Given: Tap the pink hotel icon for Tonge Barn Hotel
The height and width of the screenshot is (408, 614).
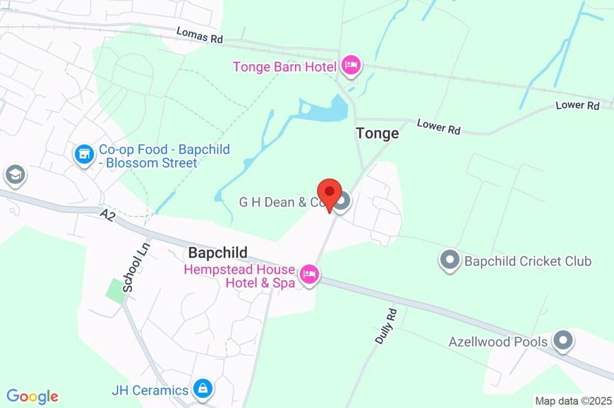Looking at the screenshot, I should tap(351, 65).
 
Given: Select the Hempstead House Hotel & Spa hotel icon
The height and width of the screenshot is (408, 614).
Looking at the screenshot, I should tap(310, 275).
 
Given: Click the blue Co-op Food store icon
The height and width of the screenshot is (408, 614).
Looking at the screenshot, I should tap(84, 155).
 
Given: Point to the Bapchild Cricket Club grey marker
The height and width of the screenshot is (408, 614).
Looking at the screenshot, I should tap(449, 261).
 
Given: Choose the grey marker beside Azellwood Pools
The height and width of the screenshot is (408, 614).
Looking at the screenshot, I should tap(562, 341).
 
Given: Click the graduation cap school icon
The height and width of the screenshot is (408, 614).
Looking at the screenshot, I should tap(13, 175).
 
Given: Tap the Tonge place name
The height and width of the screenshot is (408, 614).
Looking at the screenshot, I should tap(377, 133).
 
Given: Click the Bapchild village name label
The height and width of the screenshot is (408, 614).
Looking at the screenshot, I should tap(218, 253).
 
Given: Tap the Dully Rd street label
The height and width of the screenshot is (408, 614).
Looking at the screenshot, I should tap(386, 325).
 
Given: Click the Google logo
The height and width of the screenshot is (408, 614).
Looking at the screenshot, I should tap(32, 396).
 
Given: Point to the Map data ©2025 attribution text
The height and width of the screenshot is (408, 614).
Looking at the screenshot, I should tap(573, 401).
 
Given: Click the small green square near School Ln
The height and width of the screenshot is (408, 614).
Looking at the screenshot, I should tap(115, 290).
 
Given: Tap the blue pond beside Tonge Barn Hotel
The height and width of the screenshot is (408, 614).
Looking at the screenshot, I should tap(324, 110).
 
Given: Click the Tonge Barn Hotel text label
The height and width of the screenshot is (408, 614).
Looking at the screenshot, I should tap(284, 66).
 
